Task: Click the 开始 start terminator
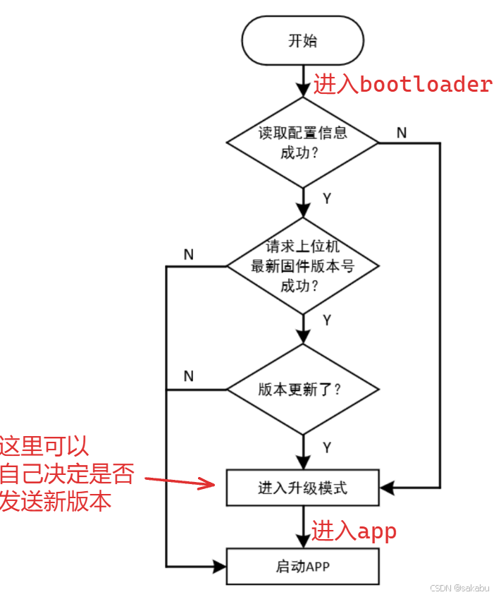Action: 302,41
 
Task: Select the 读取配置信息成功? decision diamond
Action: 302,143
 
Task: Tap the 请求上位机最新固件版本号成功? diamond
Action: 302,267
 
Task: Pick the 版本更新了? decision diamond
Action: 302,390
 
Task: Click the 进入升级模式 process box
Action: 302,488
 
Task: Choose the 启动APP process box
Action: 302,566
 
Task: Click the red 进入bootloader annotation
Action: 402,85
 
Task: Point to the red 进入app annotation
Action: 354,531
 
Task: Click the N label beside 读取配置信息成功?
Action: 401,133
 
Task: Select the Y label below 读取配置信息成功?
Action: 326,198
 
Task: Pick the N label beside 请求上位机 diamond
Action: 188,255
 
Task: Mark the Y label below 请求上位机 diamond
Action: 326,320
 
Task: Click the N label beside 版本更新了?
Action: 188,376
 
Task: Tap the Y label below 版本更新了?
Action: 326,447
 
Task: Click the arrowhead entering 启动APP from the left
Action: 219,566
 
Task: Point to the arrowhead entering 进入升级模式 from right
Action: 386,488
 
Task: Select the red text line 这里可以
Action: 44,447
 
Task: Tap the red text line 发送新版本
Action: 55,501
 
